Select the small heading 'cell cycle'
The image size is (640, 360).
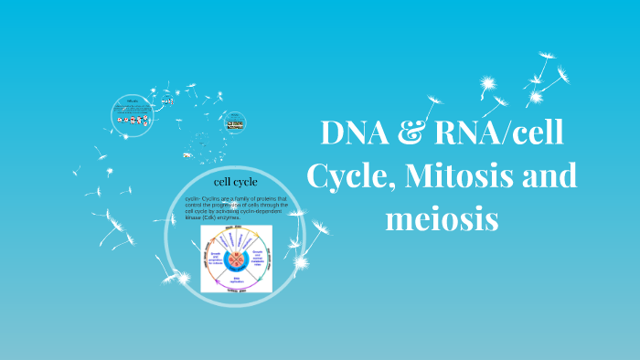point(235,183)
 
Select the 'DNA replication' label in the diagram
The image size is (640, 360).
point(235,280)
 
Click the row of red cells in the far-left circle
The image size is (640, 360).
point(133,120)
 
